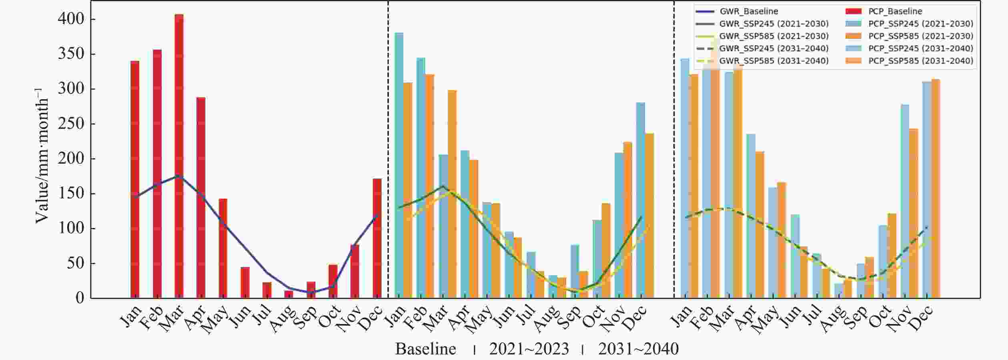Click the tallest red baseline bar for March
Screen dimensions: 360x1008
(x=179, y=156)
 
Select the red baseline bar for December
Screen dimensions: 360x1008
(x=377, y=238)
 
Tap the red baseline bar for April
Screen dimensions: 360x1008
(x=201, y=198)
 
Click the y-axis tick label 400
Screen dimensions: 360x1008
(x=71, y=19)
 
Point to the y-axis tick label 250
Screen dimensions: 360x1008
(x=71, y=124)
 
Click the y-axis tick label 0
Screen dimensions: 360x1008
(x=80, y=298)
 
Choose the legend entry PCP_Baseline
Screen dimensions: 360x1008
(x=895, y=11)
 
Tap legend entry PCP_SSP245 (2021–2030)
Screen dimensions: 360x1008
(x=920, y=24)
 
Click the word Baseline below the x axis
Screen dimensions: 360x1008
(x=425, y=349)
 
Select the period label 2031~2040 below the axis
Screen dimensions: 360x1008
(x=638, y=349)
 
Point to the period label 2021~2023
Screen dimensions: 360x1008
(x=529, y=349)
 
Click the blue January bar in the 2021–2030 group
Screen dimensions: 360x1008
(x=399, y=165)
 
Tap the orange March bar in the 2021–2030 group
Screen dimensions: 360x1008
(x=452, y=194)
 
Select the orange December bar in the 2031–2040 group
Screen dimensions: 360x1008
(x=936, y=188)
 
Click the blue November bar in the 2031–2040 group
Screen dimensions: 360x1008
(x=904, y=201)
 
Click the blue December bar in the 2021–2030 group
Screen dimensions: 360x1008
(x=641, y=200)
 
